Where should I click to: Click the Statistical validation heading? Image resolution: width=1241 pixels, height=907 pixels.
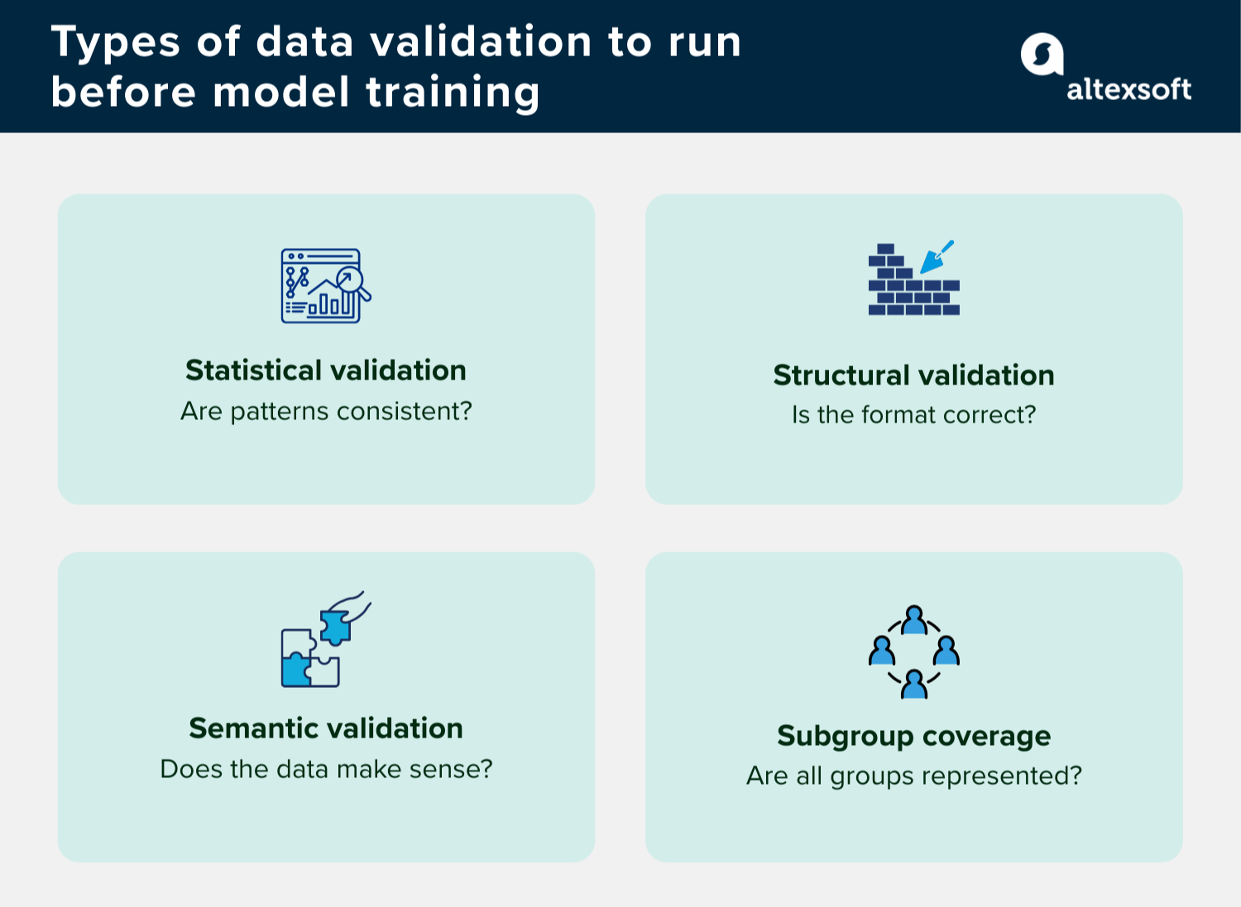pyautogui.click(x=326, y=370)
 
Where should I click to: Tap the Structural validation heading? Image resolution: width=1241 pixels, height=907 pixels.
pyautogui.click(x=913, y=375)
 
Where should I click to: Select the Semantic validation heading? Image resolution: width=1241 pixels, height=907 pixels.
pyautogui.click(x=326, y=728)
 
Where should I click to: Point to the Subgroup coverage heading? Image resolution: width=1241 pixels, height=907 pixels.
pyautogui.click(x=913, y=735)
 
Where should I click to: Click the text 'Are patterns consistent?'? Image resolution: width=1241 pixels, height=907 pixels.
pyautogui.click(x=326, y=411)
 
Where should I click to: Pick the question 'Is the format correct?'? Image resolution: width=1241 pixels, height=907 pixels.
pyautogui.click(x=913, y=414)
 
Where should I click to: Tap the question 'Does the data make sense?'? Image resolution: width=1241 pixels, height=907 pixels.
pyautogui.click(x=326, y=769)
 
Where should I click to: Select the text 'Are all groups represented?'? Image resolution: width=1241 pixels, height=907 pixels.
pyautogui.click(x=913, y=776)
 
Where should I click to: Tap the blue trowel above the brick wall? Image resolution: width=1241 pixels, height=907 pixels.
pyautogui.click(x=937, y=257)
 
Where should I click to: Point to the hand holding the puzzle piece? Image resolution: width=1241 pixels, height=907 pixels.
pyautogui.click(x=354, y=604)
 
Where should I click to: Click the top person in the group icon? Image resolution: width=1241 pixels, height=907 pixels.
pyautogui.click(x=914, y=619)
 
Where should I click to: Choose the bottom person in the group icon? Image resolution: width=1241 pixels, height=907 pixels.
pyautogui.click(x=914, y=685)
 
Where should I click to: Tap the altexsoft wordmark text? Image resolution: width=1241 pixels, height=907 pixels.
pyautogui.click(x=1128, y=89)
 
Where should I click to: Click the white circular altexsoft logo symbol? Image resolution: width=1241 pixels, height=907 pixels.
pyautogui.click(x=1042, y=55)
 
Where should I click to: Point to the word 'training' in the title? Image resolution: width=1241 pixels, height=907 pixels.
pyautogui.click(x=453, y=92)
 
